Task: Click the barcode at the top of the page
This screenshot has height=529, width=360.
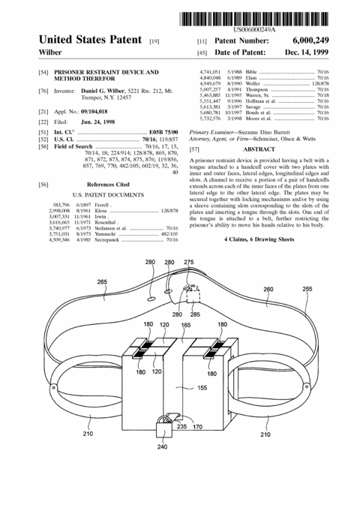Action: (253, 19)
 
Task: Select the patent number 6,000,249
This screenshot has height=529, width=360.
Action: (310, 41)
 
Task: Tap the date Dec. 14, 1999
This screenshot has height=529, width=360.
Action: (307, 53)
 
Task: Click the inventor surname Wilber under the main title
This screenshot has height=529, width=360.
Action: (50, 53)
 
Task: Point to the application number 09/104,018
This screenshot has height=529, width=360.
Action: (94, 112)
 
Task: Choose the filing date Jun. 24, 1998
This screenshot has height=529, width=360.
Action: (97, 122)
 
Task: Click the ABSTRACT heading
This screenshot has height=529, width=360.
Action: (259, 149)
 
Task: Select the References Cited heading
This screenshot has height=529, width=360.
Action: (108, 185)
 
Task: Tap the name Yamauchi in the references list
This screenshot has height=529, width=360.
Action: (105, 234)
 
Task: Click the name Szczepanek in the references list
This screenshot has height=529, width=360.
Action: (106, 240)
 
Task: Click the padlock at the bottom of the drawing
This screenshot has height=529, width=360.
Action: (164, 427)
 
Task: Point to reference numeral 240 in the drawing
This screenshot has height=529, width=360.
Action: (162, 446)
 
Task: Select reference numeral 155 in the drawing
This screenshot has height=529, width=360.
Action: (202, 388)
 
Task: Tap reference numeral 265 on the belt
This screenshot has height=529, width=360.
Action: (102, 281)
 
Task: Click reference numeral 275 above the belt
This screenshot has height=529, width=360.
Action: (189, 262)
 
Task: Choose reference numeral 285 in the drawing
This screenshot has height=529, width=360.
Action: (195, 314)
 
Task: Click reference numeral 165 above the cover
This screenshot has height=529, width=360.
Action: (186, 325)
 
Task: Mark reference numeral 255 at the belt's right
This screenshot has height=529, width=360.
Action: (307, 289)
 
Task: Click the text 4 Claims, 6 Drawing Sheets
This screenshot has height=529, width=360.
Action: (259, 239)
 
